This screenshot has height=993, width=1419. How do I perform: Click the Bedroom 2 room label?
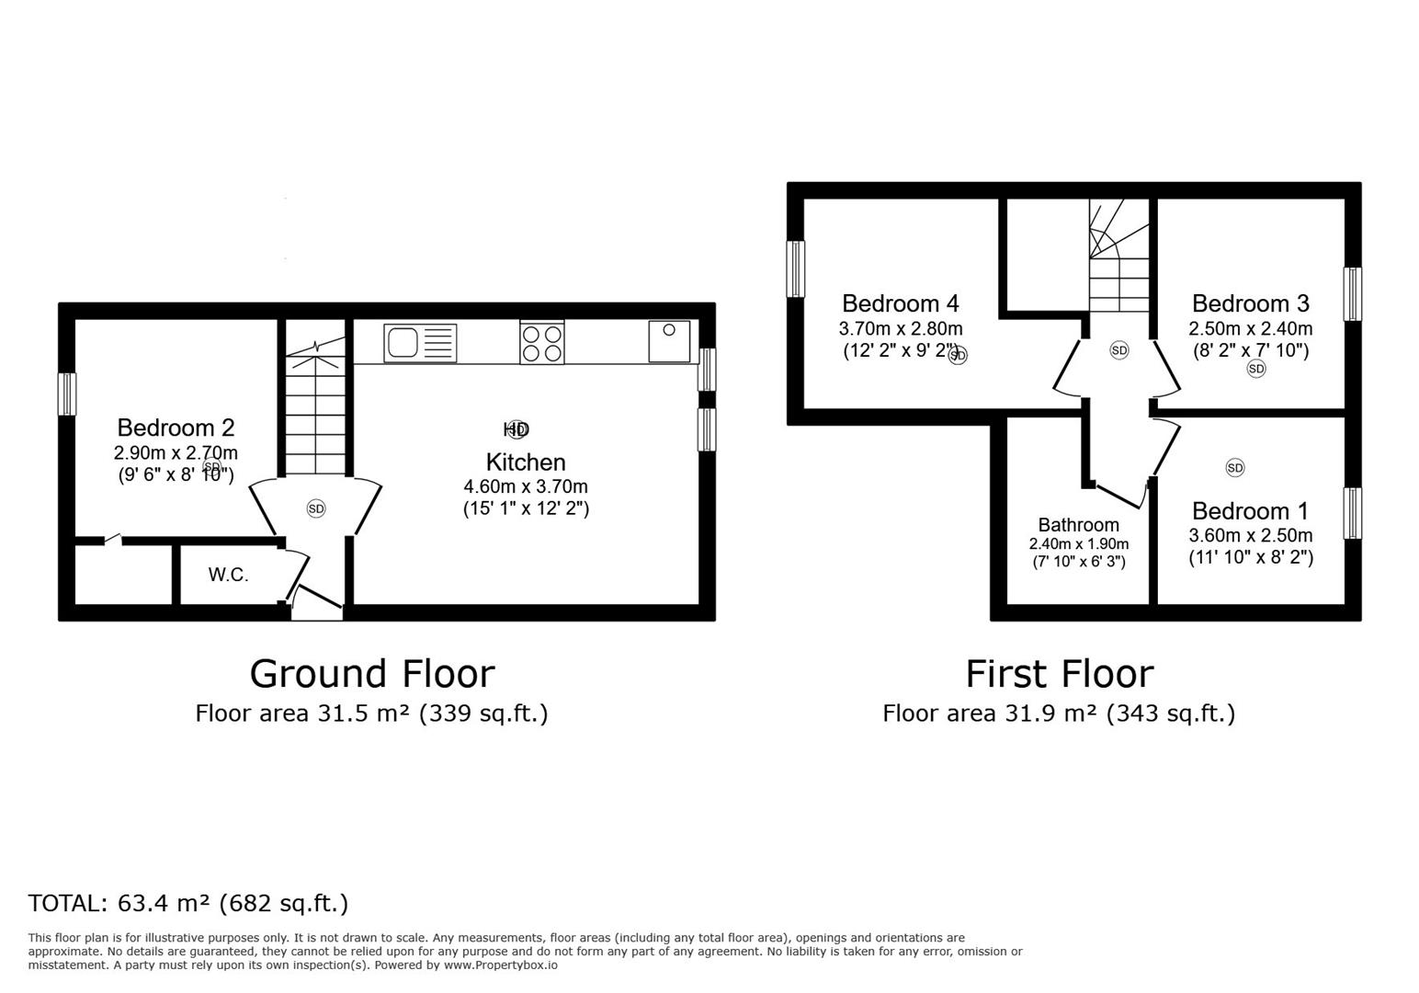(x=176, y=428)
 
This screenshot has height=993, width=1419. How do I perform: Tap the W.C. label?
(x=228, y=576)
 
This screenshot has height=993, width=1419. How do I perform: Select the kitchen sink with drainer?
(x=420, y=343)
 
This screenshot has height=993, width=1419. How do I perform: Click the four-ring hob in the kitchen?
(x=542, y=343)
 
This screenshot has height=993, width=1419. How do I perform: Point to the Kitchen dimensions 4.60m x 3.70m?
(x=526, y=486)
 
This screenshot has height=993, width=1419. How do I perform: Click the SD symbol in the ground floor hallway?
(x=315, y=508)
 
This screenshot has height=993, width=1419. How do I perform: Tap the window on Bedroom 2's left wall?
(x=67, y=394)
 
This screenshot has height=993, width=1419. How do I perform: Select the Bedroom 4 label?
(x=900, y=303)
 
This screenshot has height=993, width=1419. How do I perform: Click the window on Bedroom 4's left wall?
(x=796, y=268)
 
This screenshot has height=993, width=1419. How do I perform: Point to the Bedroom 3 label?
(x=1250, y=303)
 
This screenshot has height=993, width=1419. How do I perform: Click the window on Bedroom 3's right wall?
(x=1352, y=294)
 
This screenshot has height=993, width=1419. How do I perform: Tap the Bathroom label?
(x=1078, y=525)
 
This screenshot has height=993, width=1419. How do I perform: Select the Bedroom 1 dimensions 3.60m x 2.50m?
(x=1250, y=536)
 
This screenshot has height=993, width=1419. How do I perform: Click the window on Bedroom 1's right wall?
(x=1352, y=513)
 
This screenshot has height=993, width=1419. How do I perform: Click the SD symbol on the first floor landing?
(x=1118, y=350)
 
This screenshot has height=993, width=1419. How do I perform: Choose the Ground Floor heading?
(x=371, y=674)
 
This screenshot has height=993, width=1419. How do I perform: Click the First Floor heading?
(x=1059, y=674)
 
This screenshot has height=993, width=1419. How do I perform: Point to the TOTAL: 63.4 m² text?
(x=188, y=903)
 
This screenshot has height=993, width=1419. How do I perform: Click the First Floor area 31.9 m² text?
(x=1059, y=713)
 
